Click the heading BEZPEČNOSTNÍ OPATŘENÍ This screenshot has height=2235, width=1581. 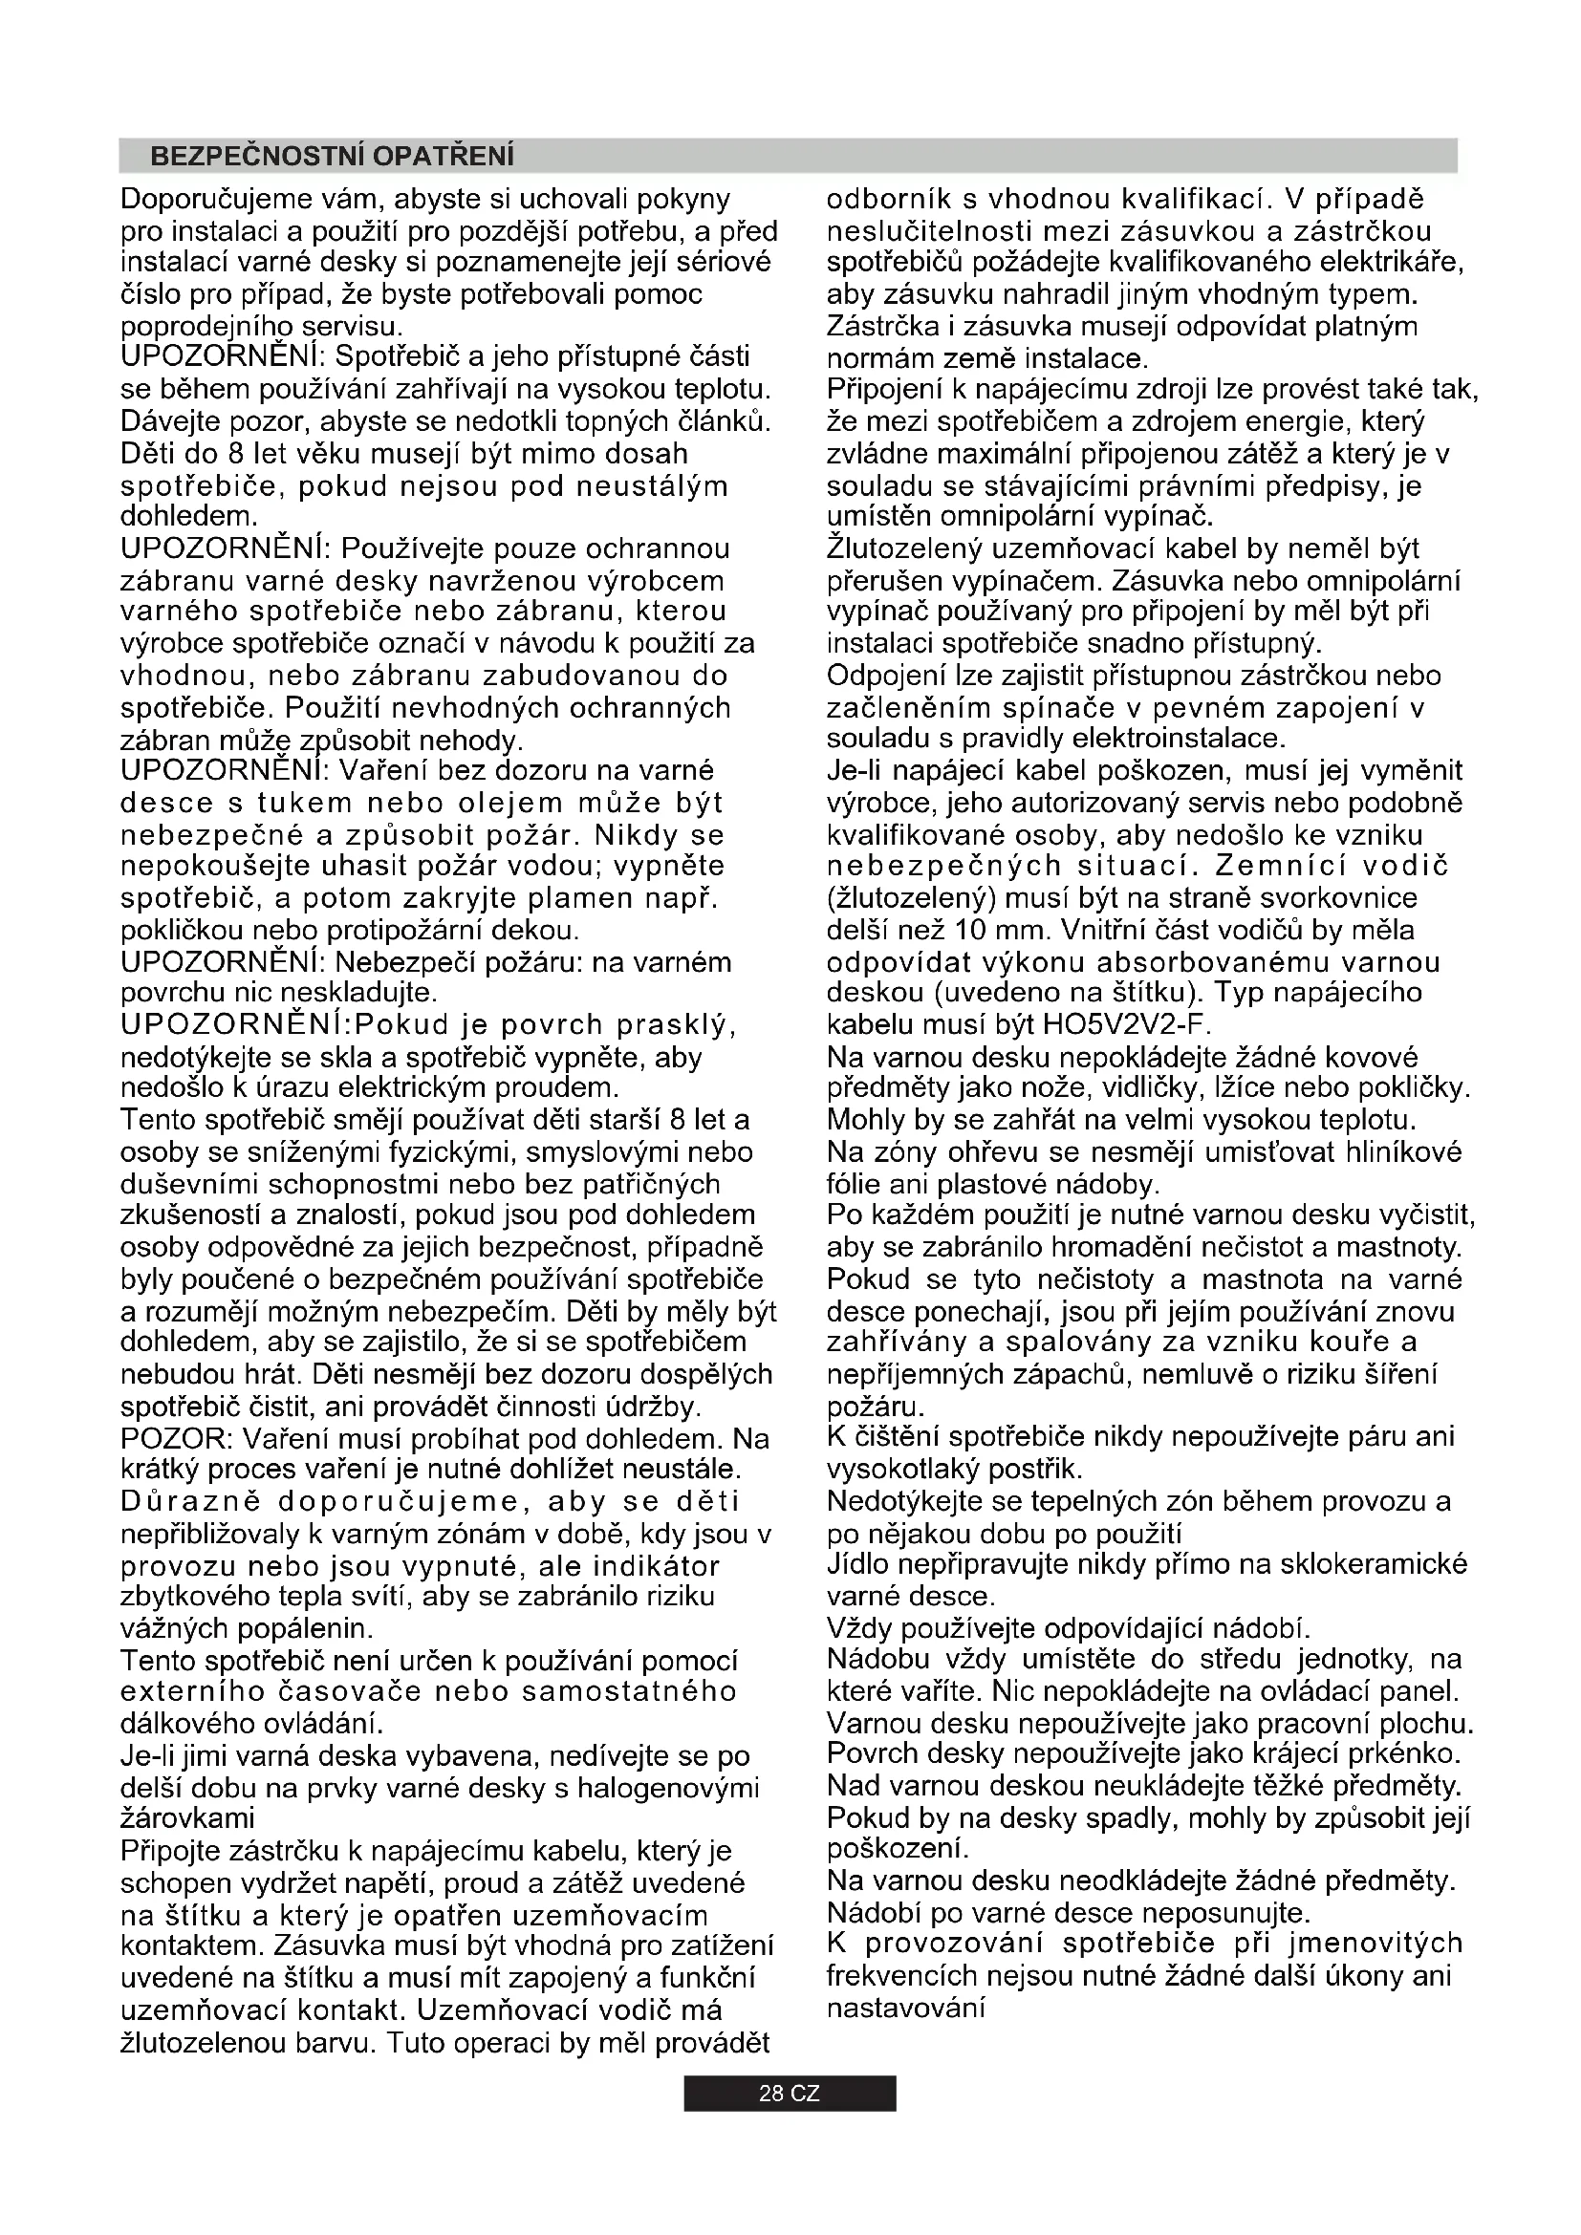pyautogui.click(x=332, y=156)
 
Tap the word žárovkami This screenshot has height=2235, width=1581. pyautogui.click(x=187, y=1818)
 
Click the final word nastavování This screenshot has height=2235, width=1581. pyautogui.click(x=906, y=2008)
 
